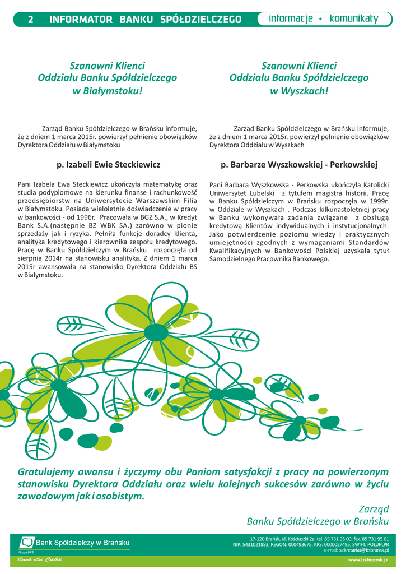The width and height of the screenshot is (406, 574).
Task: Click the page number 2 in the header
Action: coord(30,20)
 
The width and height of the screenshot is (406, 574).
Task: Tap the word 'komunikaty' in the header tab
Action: coord(354,19)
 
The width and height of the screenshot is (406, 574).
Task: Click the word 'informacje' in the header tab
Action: coord(291,19)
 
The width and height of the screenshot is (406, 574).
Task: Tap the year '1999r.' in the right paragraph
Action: coord(376,201)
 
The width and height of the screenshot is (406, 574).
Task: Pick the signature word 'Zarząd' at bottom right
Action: coord(374,509)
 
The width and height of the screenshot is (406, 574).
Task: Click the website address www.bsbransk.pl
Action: coord(368,559)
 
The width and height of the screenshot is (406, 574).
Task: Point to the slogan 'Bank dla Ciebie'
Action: coord(39,559)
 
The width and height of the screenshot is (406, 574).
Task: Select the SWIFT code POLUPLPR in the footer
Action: coord(376,544)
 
